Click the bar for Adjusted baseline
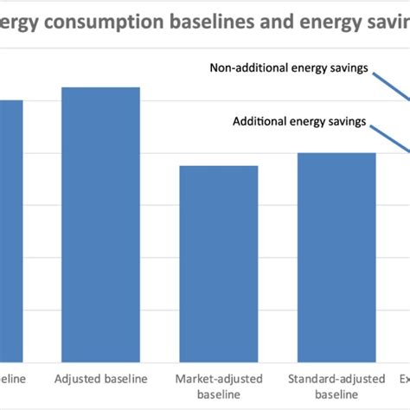(100, 224)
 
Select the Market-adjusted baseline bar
(218, 263)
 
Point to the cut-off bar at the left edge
(11, 230)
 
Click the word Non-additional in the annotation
(245, 66)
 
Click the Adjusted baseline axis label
(100, 379)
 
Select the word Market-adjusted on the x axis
(218, 379)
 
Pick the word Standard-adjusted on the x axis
(336, 379)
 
